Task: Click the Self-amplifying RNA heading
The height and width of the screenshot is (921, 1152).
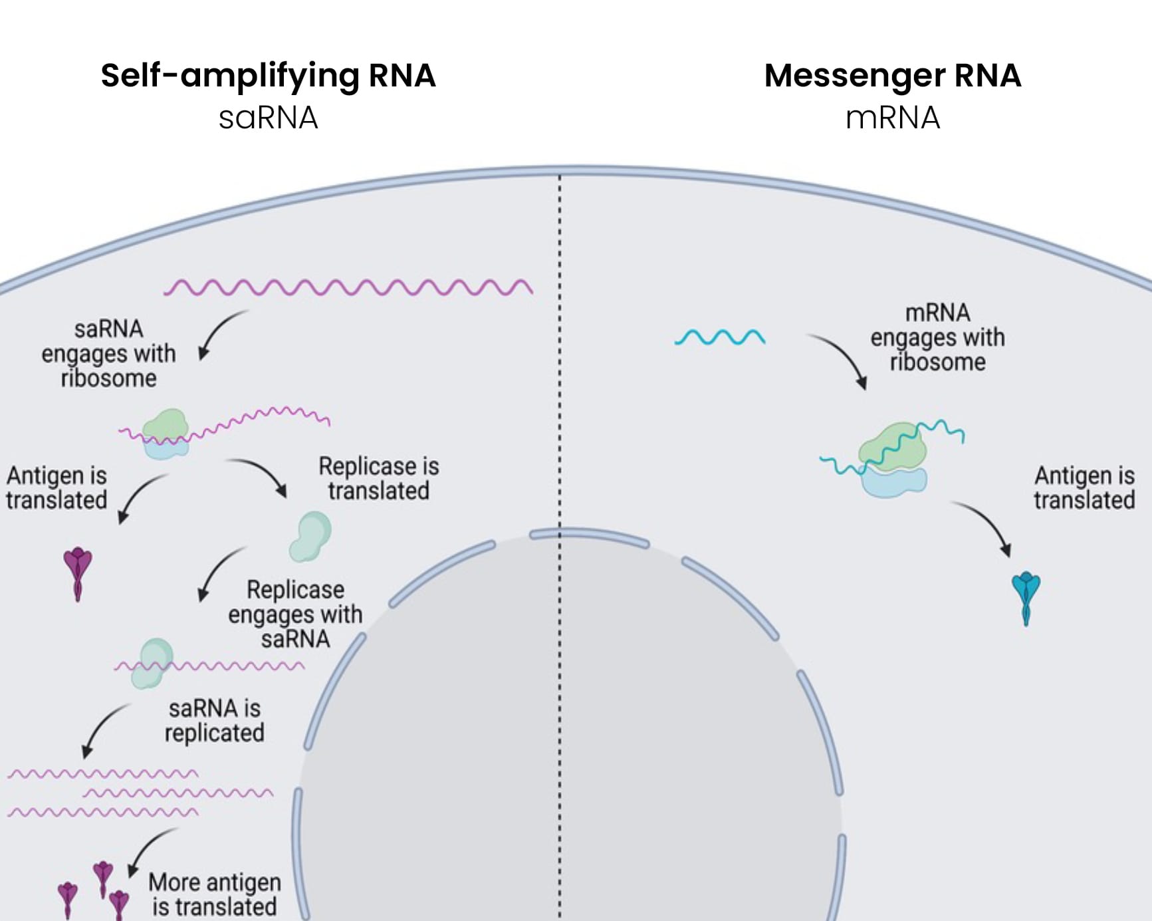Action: [268, 75]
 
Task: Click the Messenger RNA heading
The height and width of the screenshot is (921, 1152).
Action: [892, 75]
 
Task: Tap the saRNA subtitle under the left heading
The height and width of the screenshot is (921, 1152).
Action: [268, 118]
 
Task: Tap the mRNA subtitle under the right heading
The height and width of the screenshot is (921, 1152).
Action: [892, 118]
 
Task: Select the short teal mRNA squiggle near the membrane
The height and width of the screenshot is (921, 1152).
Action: [720, 337]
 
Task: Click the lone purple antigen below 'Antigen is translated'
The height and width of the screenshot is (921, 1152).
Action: [78, 572]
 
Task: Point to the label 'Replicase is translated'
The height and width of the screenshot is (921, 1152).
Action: [378, 478]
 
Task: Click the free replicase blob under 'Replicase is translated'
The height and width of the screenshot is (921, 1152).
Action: [310, 535]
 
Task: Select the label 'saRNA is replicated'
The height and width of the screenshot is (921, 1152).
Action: [214, 720]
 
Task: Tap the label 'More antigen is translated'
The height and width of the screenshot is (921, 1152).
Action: [214, 894]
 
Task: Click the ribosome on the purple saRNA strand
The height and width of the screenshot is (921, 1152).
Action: [166, 434]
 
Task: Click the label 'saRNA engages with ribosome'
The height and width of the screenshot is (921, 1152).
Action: [108, 353]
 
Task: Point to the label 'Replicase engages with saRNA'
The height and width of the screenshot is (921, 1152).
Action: [295, 614]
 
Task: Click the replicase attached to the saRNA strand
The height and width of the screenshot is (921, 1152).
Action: [152, 662]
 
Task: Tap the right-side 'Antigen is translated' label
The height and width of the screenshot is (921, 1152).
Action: [1084, 487]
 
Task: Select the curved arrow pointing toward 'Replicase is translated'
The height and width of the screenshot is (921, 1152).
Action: [259, 475]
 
